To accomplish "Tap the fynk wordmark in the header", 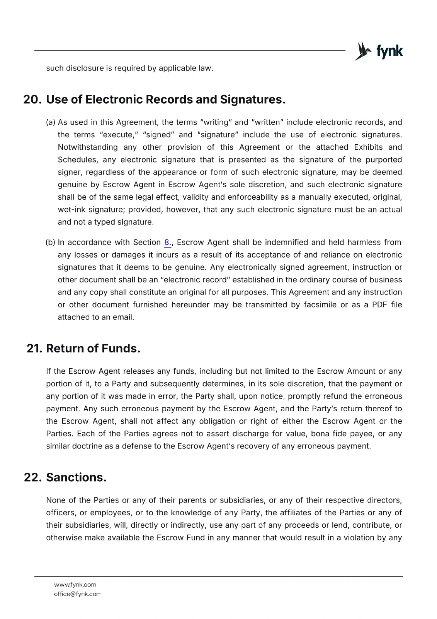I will pyautogui.click(x=389, y=51).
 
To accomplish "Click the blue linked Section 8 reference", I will pyautogui.click(x=167, y=243).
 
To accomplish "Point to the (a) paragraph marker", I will pyautogui.click(x=51, y=122).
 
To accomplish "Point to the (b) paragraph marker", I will pyautogui.click(x=51, y=243).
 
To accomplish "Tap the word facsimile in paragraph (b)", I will pyautogui.click(x=320, y=305).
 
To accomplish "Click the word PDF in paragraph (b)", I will pyautogui.click(x=379, y=305).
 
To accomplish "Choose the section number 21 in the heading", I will pyautogui.click(x=34, y=348).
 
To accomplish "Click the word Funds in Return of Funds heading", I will pyautogui.click(x=121, y=348).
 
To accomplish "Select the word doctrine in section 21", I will pyautogui.click(x=87, y=446).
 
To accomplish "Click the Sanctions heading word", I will pyautogui.click(x=76, y=477).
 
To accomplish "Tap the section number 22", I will pyautogui.click(x=32, y=477).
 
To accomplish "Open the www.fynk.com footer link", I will pyautogui.click(x=75, y=585).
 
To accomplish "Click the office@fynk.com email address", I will pyautogui.click(x=78, y=594).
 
